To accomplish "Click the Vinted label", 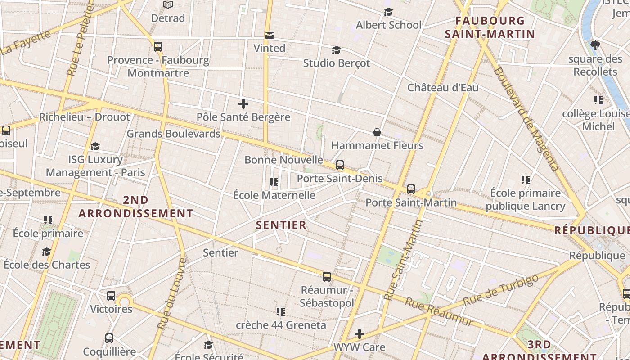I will [269, 48].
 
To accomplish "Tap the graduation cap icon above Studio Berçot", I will [336, 50].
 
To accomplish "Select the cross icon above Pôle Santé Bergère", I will [243, 104].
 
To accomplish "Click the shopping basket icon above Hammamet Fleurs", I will [377, 132].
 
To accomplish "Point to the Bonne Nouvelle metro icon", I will [340, 165].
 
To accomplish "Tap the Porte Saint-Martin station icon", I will [411, 189].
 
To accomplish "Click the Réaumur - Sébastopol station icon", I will [327, 277].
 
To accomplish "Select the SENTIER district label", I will [281, 225].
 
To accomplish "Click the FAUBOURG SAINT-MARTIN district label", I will [490, 27].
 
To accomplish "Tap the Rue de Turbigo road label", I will [500, 290].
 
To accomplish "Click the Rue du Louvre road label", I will [171, 293].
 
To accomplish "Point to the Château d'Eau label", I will [443, 87].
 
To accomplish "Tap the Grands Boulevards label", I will [173, 134].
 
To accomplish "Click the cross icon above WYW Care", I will [359, 334].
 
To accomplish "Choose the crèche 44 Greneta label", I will [281, 325].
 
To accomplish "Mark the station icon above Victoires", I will [111, 296].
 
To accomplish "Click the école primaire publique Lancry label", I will [525, 199].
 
